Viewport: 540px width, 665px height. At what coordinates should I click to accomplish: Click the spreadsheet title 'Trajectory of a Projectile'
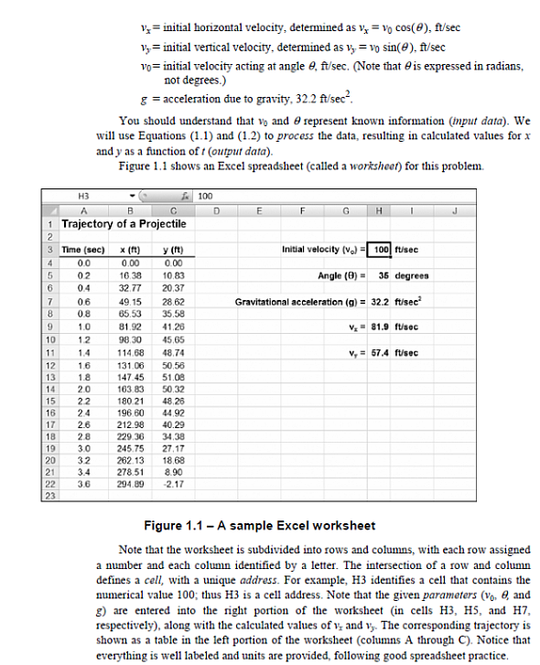[123, 223]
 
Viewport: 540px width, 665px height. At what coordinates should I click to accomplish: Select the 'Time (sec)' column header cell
[83, 249]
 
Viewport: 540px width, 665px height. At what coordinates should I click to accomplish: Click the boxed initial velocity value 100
[382, 249]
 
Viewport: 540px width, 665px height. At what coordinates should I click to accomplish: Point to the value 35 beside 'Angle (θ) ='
[384, 274]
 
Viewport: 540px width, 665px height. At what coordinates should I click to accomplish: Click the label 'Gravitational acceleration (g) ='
[299, 300]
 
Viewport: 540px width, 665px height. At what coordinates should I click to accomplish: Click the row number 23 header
[49, 496]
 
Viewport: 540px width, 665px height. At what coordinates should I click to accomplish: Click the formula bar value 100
[205, 196]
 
